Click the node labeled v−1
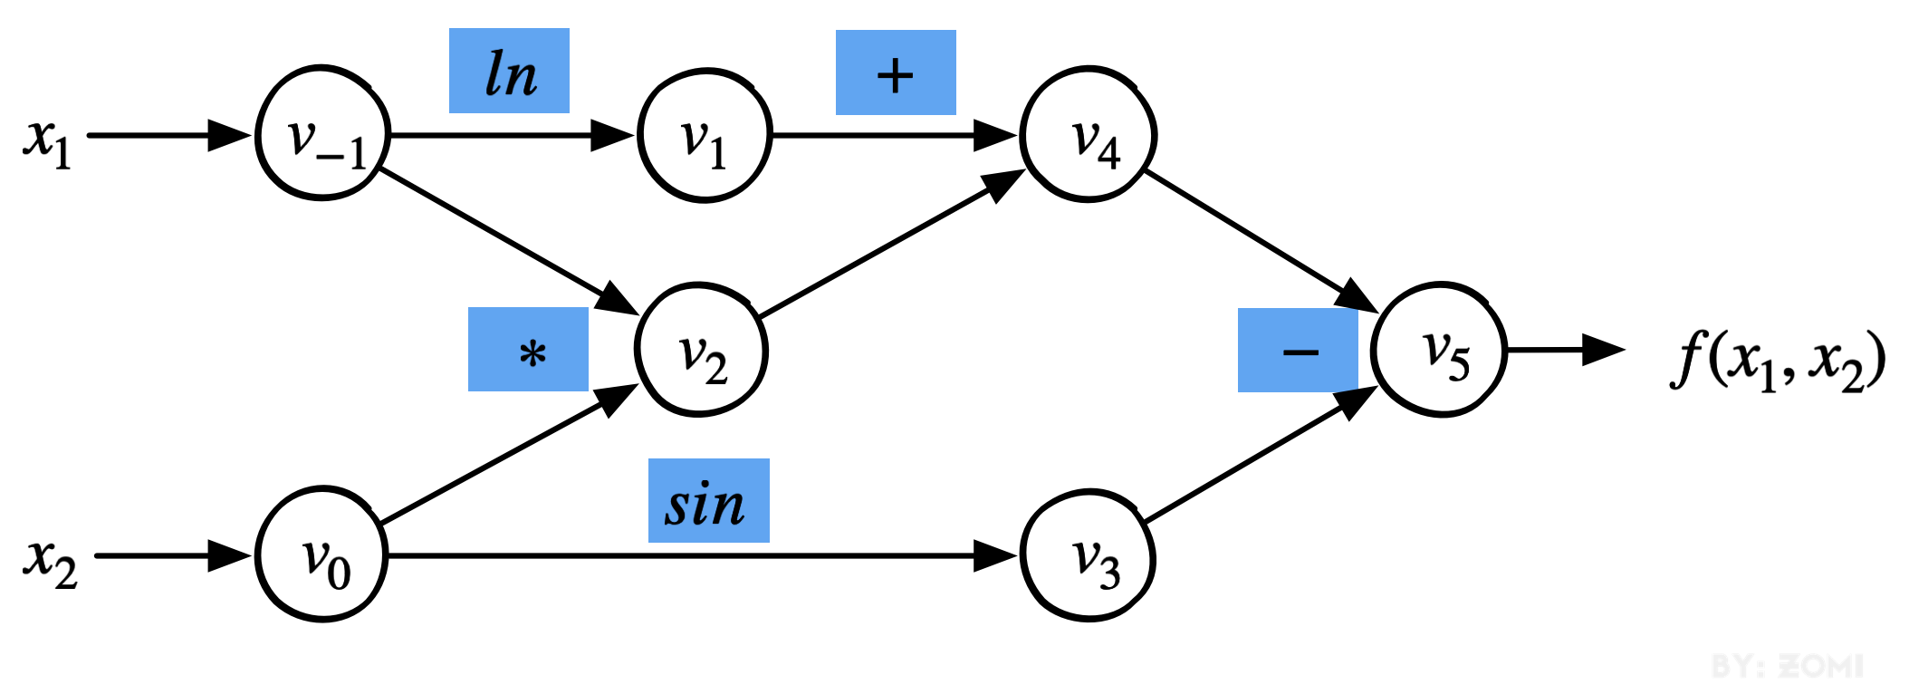pos(323,133)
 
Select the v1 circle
pos(705,135)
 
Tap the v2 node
pos(702,351)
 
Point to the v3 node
pos(1088,555)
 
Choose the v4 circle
pos(1088,134)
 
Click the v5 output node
pos(1439,350)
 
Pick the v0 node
pos(322,554)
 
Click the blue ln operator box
pos(509,71)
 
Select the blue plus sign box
pos(896,72)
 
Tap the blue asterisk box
pos(528,350)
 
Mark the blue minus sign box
pos(1298,351)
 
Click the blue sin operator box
pos(708,501)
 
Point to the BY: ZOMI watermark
pos(1786,667)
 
